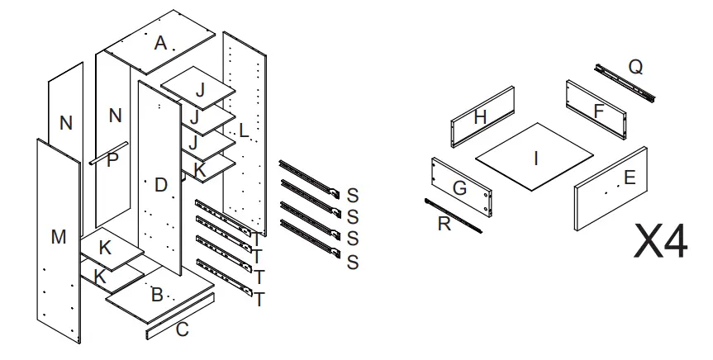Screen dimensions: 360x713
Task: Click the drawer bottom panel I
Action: tap(535, 157)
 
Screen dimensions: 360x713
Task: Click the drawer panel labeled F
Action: tap(597, 109)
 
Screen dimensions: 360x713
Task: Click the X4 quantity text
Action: tap(661, 241)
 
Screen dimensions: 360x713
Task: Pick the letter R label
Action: tap(444, 224)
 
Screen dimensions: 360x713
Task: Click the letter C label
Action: tap(183, 330)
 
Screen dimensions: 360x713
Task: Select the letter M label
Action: tap(59, 238)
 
